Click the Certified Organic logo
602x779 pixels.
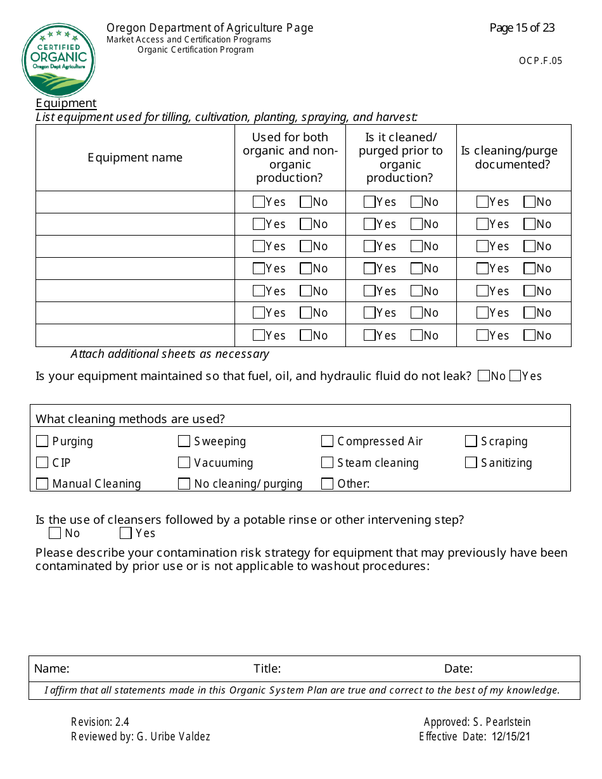click(58, 60)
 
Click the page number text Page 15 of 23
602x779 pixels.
click(522, 28)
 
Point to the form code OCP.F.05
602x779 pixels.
click(540, 61)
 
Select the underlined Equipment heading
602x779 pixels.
click(66, 103)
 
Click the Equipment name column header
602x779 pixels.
click(134, 158)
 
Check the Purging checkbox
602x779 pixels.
click(42, 441)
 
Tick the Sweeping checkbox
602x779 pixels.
click(184, 441)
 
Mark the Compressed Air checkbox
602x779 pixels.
click(328, 441)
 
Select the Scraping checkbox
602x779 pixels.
click(471, 441)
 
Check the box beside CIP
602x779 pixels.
click(42, 463)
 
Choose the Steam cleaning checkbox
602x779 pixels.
click(328, 463)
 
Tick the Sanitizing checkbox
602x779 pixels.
click(471, 463)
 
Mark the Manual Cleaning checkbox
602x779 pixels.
click(42, 484)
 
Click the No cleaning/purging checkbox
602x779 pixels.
click(184, 484)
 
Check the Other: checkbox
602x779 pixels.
click(328, 484)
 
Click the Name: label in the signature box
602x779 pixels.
click(51, 669)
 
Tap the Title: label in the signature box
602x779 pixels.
click(267, 669)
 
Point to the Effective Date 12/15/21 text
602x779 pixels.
click(478, 737)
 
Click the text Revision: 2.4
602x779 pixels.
click(100, 722)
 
